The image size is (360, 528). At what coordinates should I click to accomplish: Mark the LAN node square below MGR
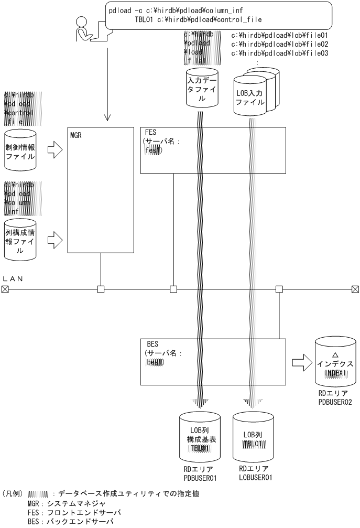(x=100, y=288)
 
